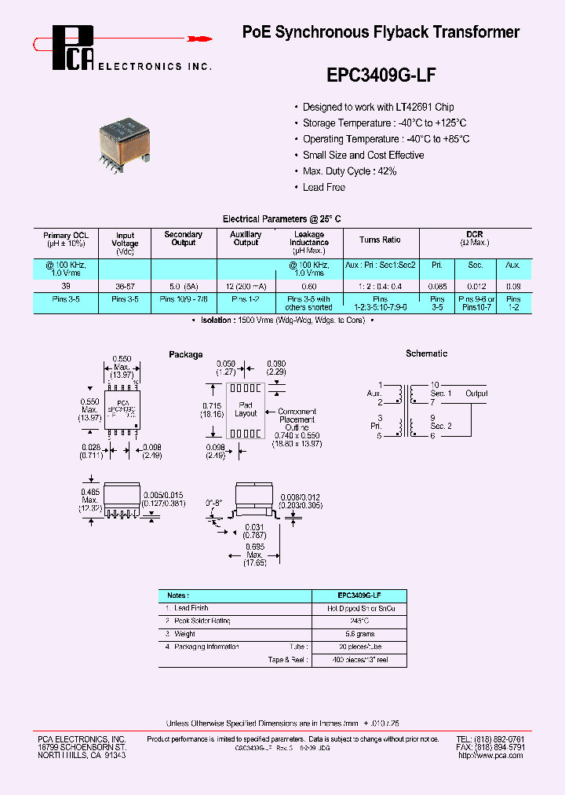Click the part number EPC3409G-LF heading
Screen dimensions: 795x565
381,75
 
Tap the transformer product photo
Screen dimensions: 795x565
124,140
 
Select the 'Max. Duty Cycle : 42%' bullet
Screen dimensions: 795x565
349,171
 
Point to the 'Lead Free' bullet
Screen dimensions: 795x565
323,187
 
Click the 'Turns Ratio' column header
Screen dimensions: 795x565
380,240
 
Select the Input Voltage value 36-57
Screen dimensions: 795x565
125,287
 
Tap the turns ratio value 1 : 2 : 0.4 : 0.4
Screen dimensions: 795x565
380,287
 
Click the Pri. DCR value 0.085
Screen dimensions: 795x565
438,287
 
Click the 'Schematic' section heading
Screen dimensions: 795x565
426,354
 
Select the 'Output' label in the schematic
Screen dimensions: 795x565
476,394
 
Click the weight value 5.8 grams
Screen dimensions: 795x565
360,633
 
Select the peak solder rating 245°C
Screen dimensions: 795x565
360,621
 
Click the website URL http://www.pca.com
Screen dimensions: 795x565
491,755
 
